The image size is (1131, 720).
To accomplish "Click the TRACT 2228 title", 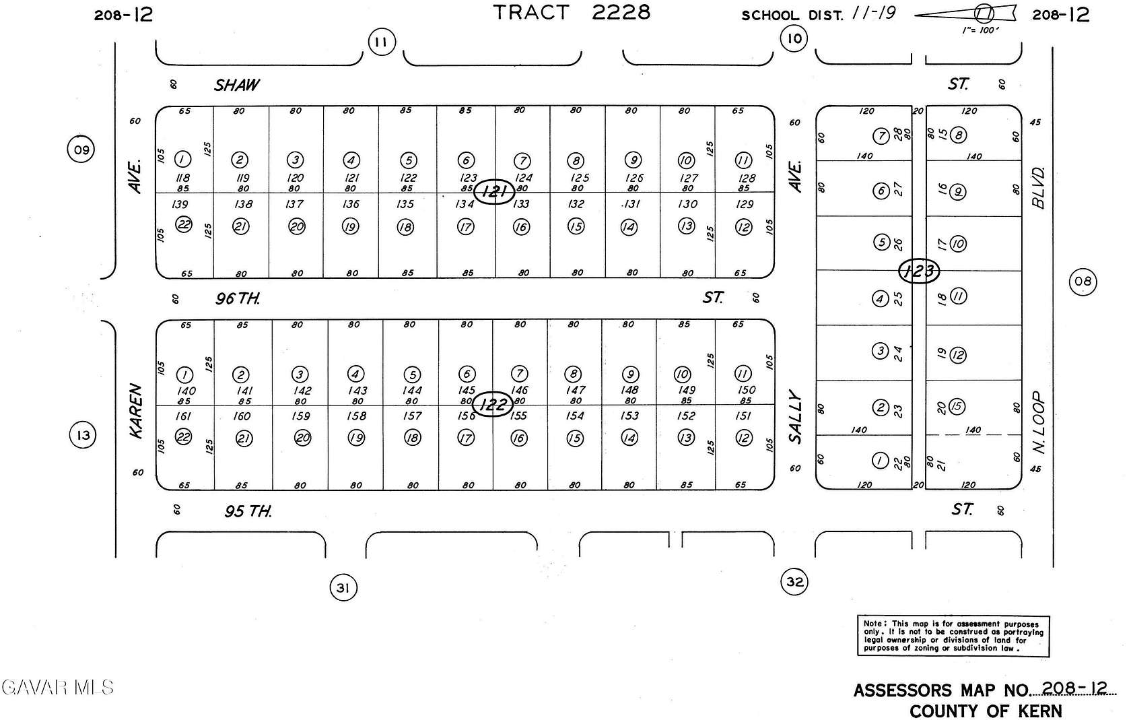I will [x=572, y=12].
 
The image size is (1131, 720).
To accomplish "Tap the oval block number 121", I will [x=494, y=192].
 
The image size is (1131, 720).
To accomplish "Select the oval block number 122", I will [x=493, y=404].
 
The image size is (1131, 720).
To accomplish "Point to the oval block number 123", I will [x=919, y=271].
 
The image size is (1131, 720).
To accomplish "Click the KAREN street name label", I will [x=136, y=411].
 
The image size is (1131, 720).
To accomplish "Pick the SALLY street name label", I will [x=796, y=418].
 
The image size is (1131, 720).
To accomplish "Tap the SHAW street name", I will [x=237, y=85].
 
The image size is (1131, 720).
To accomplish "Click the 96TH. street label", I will [x=238, y=298].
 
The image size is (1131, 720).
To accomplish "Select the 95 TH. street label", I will [x=248, y=512].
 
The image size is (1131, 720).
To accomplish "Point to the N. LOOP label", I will [x=1039, y=422].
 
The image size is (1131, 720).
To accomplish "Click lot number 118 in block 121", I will [x=182, y=178].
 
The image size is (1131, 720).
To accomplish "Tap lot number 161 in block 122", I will [x=183, y=416].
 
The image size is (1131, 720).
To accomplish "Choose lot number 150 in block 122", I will [x=747, y=389].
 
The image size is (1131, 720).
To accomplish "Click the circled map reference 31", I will [x=343, y=588].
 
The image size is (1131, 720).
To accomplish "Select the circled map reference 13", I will [x=83, y=435].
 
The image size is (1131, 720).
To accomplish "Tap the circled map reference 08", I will [x=1083, y=281].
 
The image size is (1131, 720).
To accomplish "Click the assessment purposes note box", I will [x=953, y=635].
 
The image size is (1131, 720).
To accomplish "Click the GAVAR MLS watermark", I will [x=58, y=687].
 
